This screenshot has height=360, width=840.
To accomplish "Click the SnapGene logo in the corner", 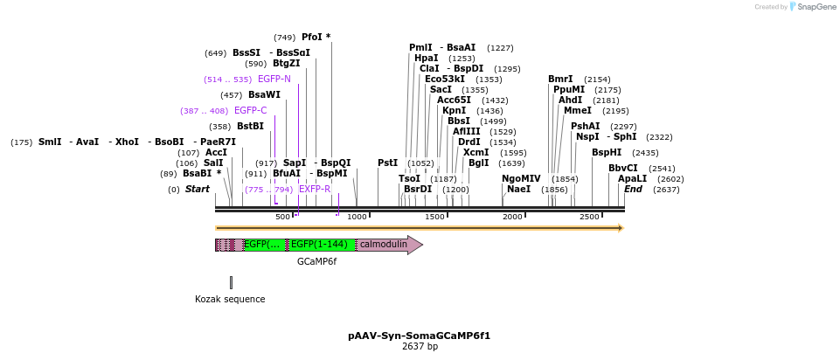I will click(x=813, y=7).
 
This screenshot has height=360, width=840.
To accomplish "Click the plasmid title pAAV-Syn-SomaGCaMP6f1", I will click(x=419, y=336).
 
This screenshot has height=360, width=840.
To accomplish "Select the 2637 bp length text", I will click(x=420, y=347).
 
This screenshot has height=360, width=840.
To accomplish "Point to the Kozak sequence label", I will click(x=230, y=299).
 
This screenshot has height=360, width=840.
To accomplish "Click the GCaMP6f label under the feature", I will click(x=316, y=261).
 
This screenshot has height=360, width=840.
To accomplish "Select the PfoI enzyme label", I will click(x=312, y=38).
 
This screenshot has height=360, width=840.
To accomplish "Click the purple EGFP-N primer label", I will click(x=274, y=79).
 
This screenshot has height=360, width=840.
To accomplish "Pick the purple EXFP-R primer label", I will click(x=315, y=189).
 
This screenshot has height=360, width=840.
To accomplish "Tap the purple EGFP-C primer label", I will click(x=250, y=110).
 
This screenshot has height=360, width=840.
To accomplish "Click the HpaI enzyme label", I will click(x=427, y=59).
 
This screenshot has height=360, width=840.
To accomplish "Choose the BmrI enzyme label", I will click(x=560, y=79).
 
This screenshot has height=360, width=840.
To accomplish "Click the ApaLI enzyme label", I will click(x=632, y=178).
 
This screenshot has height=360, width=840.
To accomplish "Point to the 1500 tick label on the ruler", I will click(x=434, y=217).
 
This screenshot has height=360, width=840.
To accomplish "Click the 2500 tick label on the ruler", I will click(x=589, y=217).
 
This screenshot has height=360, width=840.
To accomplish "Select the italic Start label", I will click(x=197, y=189).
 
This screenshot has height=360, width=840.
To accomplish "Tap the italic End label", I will click(x=633, y=189).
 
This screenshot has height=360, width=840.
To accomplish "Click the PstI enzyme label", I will click(x=387, y=163).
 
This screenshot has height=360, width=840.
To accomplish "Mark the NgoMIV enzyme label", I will click(x=521, y=178).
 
